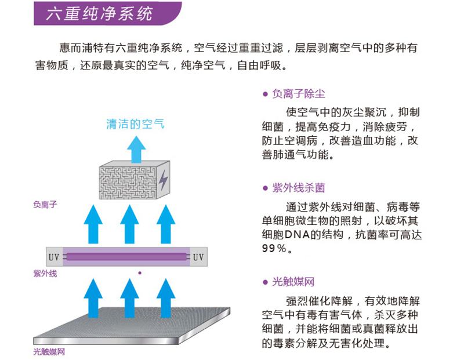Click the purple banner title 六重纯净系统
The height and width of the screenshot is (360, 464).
click(99, 13)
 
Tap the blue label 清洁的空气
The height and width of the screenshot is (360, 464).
click(135, 123)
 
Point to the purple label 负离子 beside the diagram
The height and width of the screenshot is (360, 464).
click(45, 204)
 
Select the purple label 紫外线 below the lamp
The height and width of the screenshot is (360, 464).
click(45, 273)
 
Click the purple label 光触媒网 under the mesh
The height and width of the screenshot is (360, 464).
click(49, 351)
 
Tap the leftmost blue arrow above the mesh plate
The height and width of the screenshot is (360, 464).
click(93, 297)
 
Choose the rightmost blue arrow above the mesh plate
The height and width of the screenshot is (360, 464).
click(165, 297)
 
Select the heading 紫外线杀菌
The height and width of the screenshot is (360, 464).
click(298, 188)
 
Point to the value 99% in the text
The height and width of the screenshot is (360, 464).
click(274, 249)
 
